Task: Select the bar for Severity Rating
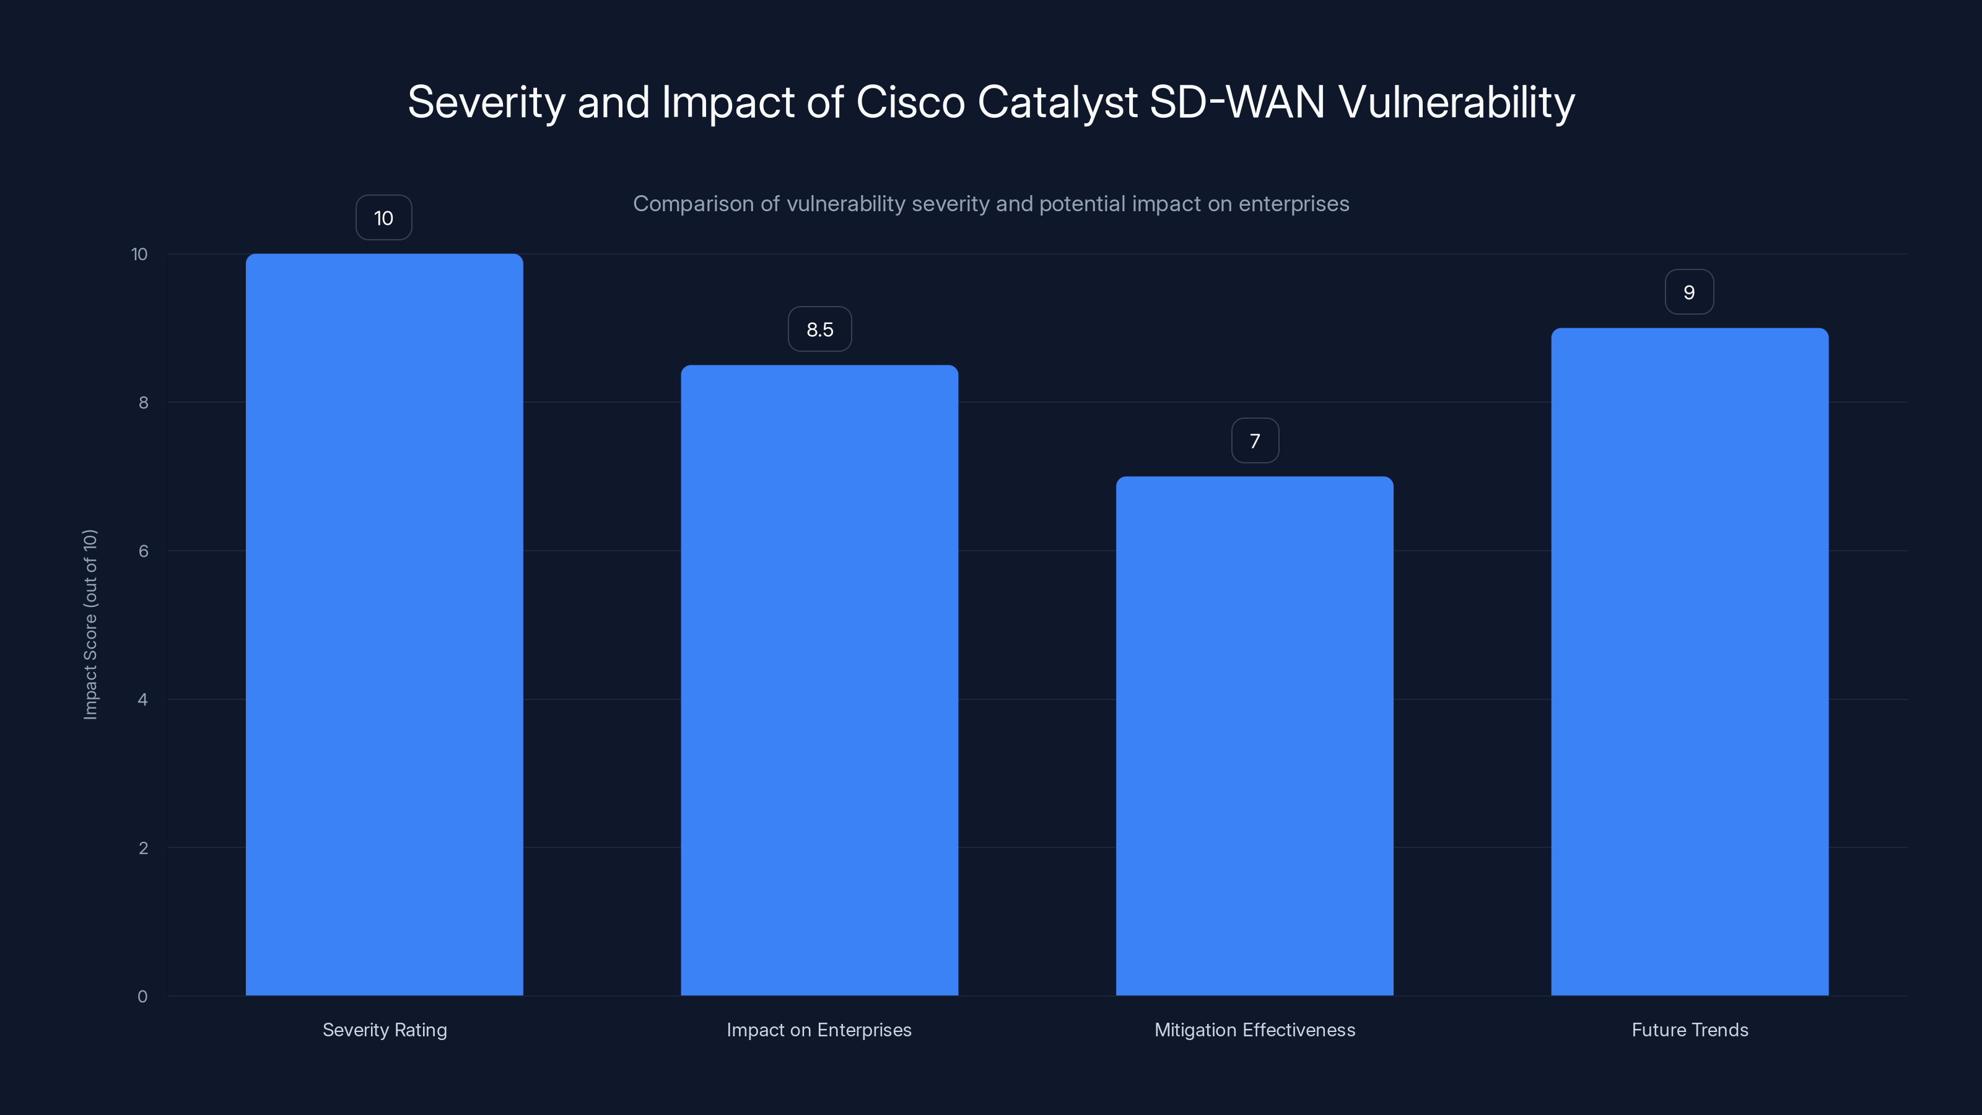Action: tap(384, 624)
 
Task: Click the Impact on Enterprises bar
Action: tap(819, 680)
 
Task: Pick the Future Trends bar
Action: tap(1690, 662)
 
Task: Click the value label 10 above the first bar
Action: tap(383, 218)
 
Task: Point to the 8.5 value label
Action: tap(819, 330)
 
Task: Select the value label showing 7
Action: tap(1255, 441)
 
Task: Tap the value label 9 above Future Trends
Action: tap(1689, 292)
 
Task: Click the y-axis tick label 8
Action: tap(143, 403)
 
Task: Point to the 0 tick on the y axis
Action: tap(142, 997)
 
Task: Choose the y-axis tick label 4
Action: tap(142, 699)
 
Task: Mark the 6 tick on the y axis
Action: tap(143, 551)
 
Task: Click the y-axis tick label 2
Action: tap(143, 848)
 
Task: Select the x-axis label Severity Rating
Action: tap(384, 1030)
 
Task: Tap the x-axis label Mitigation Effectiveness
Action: tap(1254, 1030)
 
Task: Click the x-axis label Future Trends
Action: tap(1690, 1030)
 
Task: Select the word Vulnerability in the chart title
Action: tap(1457, 102)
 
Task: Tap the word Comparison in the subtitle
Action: tap(692, 204)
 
